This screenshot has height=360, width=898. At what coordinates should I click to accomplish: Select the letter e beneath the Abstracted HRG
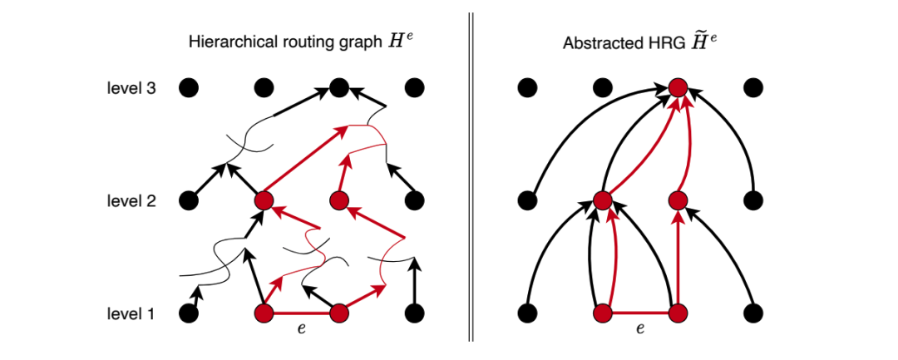tap(639, 328)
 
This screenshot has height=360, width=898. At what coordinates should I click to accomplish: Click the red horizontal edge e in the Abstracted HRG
tap(640, 313)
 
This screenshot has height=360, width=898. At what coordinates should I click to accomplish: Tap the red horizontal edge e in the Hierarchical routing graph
tap(301, 313)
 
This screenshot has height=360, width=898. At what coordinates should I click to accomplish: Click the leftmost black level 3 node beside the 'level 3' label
tap(189, 86)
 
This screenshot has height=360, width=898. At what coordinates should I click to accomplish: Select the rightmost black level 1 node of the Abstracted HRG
tap(753, 313)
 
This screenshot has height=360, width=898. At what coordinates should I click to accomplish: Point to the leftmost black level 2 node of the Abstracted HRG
tap(526, 200)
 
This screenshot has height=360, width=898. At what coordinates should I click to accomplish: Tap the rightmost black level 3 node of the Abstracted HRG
tap(753, 87)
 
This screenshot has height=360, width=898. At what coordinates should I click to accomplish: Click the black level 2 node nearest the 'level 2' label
tap(189, 200)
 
